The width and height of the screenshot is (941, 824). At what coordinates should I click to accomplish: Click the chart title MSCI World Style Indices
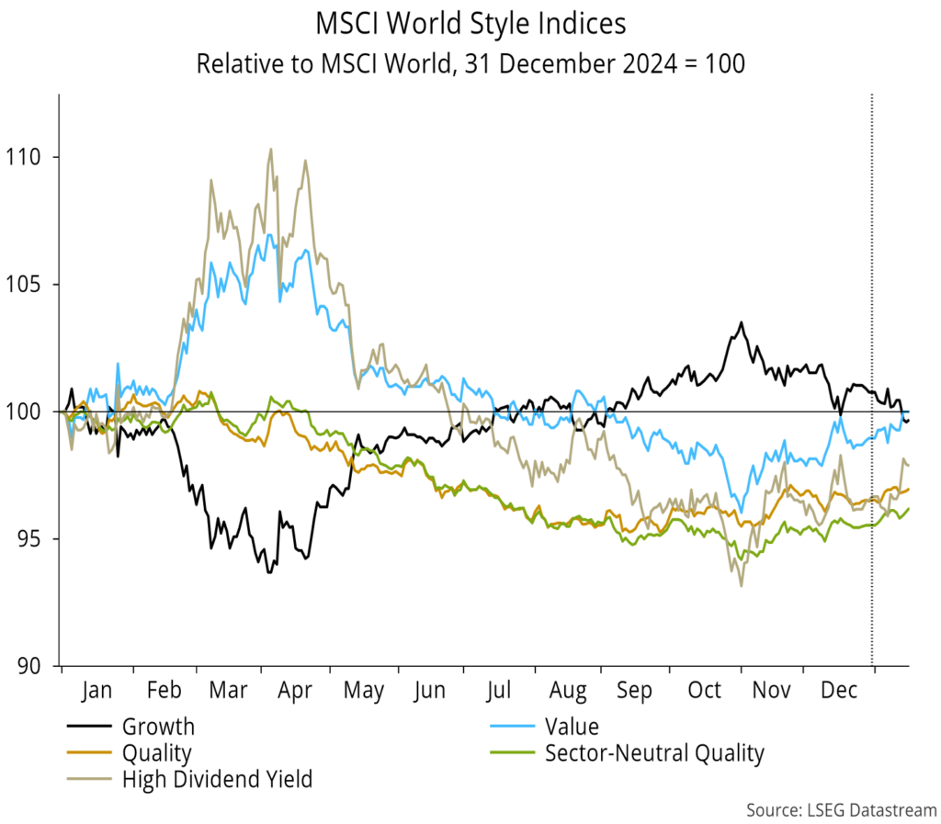[x=470, y=22]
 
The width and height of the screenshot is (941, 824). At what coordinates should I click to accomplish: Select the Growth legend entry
[x=158, y=728]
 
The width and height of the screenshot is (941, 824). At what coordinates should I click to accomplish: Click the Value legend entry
[x=572, y=728]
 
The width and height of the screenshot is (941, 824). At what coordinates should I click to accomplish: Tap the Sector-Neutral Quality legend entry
[x=653, y=754]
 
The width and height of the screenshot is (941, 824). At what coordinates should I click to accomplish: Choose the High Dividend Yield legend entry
[x=217, y=780]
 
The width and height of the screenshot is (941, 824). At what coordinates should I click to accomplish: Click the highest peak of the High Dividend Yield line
[x=270, y=149]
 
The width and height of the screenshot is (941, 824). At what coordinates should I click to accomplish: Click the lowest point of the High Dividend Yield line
[x=741, y=585]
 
